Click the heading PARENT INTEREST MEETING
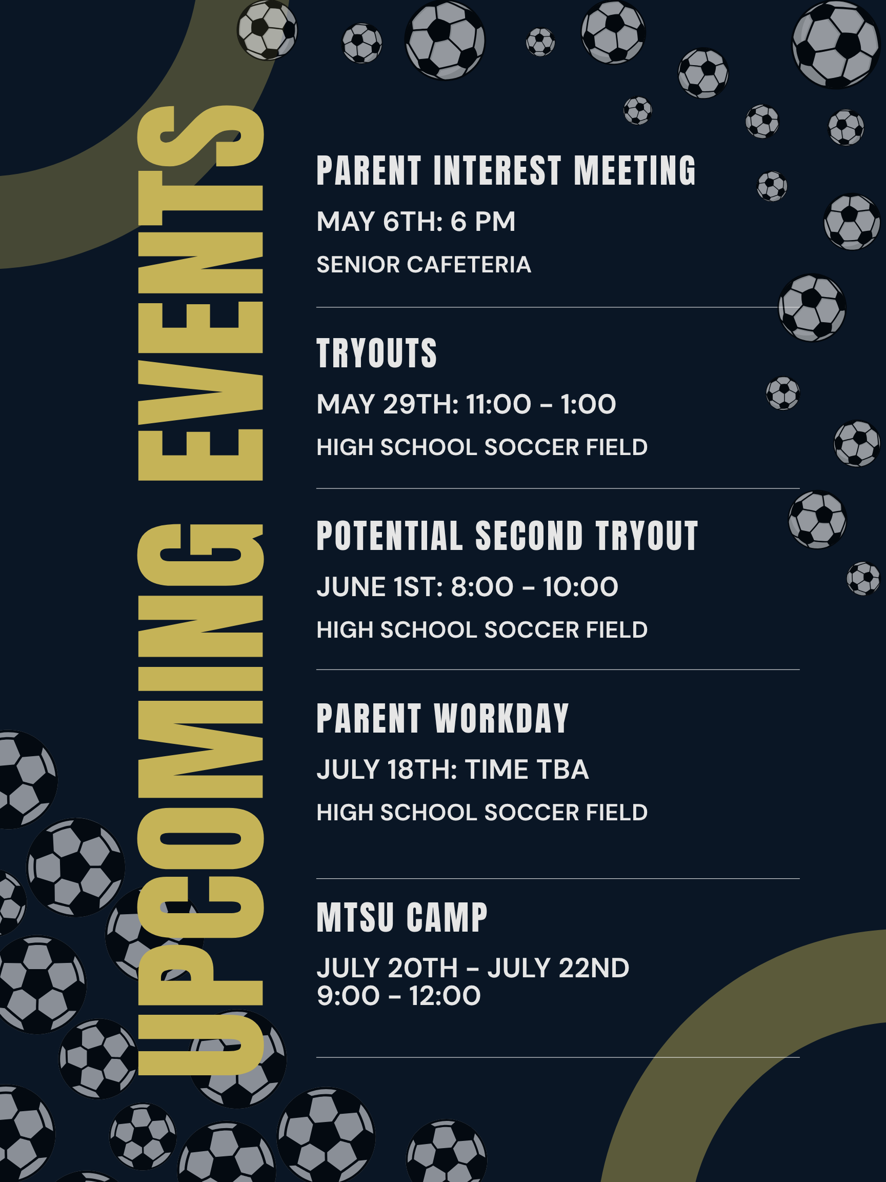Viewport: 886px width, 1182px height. coord(506,170)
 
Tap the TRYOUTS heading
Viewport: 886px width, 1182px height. coord(377,353)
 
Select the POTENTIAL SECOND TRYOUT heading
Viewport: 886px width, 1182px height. coord(508,536)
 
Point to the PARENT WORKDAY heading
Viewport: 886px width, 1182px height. coord(442,718)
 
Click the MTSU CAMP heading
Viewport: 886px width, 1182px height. coord(402,917)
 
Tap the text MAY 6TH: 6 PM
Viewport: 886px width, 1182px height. coord(416,221)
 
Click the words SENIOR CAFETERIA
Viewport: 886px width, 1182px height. coord(424,265)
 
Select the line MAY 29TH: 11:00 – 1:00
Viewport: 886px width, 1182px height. coord(466,404)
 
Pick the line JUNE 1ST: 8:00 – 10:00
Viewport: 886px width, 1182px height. coord(467,587)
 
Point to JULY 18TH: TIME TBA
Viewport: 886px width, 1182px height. coord(453,770)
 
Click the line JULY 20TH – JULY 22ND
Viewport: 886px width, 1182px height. coord(473,968)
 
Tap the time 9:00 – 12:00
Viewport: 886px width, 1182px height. coord(399,995)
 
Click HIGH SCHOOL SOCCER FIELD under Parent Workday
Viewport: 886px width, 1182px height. coord(482,812)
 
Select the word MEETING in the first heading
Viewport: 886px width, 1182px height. coord(635,170)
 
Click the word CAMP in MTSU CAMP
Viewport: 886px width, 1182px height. coord(447,917)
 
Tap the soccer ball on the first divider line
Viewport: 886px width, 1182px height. coord(812,307)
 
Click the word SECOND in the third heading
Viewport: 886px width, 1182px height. coord(529,536)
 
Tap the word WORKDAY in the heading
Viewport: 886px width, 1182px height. coord(501,718)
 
